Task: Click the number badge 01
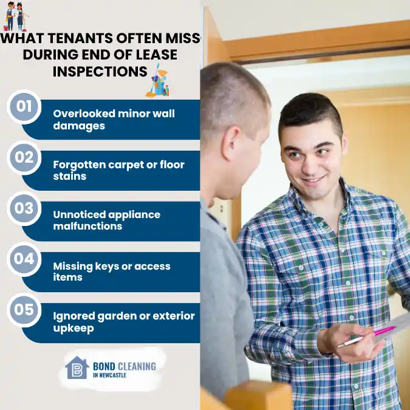click(x=24, y=107)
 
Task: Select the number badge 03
click(x=24, y=208)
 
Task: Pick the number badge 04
click(x=24, y=259)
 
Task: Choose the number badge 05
click(x=24, y=310)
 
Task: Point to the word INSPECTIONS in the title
click(x=100, y=71)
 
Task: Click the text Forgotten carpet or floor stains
click(x=118, y=171)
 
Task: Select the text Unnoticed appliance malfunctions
click(x=106, y=220)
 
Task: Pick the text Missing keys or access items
click(x=112, y=272)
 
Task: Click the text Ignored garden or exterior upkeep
click(x=123, y=322)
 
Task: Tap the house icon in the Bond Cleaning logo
click(x=77, y=367)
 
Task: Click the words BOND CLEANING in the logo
click(x=124, y=366)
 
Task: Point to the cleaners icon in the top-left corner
click(x=16, y=16)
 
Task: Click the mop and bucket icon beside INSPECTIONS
click(x=159, y=81)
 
